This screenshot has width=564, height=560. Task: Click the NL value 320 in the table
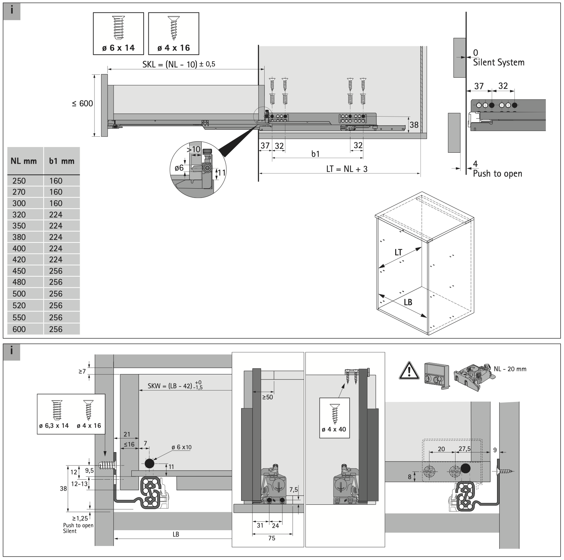coord(19,215)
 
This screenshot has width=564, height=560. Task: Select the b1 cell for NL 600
coord(56,329)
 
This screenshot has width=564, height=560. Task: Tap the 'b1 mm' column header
coord(62,161)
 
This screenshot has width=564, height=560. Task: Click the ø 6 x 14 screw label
coord(119,48)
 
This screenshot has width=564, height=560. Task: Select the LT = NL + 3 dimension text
coord(347,169)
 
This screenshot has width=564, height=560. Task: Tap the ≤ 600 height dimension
coord(82,103)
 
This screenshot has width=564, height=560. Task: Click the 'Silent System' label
coord(498,63)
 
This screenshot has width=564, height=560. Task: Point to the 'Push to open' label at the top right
coord(497,174)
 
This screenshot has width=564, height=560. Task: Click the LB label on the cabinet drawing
coord(408,302)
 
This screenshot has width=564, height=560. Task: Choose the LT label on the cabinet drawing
coord(398,253)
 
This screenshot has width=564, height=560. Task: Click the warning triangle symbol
coord(409,371)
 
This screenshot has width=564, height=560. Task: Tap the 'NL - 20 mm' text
coord(510,369)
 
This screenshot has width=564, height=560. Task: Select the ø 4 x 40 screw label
coord(334,429)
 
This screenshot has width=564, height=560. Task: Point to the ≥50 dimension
coord(267,397)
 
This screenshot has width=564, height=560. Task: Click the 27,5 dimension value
coord(465,448)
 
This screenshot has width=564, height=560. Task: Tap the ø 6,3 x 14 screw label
coord(54,426)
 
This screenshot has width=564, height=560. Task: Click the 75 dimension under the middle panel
coord(272,538)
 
